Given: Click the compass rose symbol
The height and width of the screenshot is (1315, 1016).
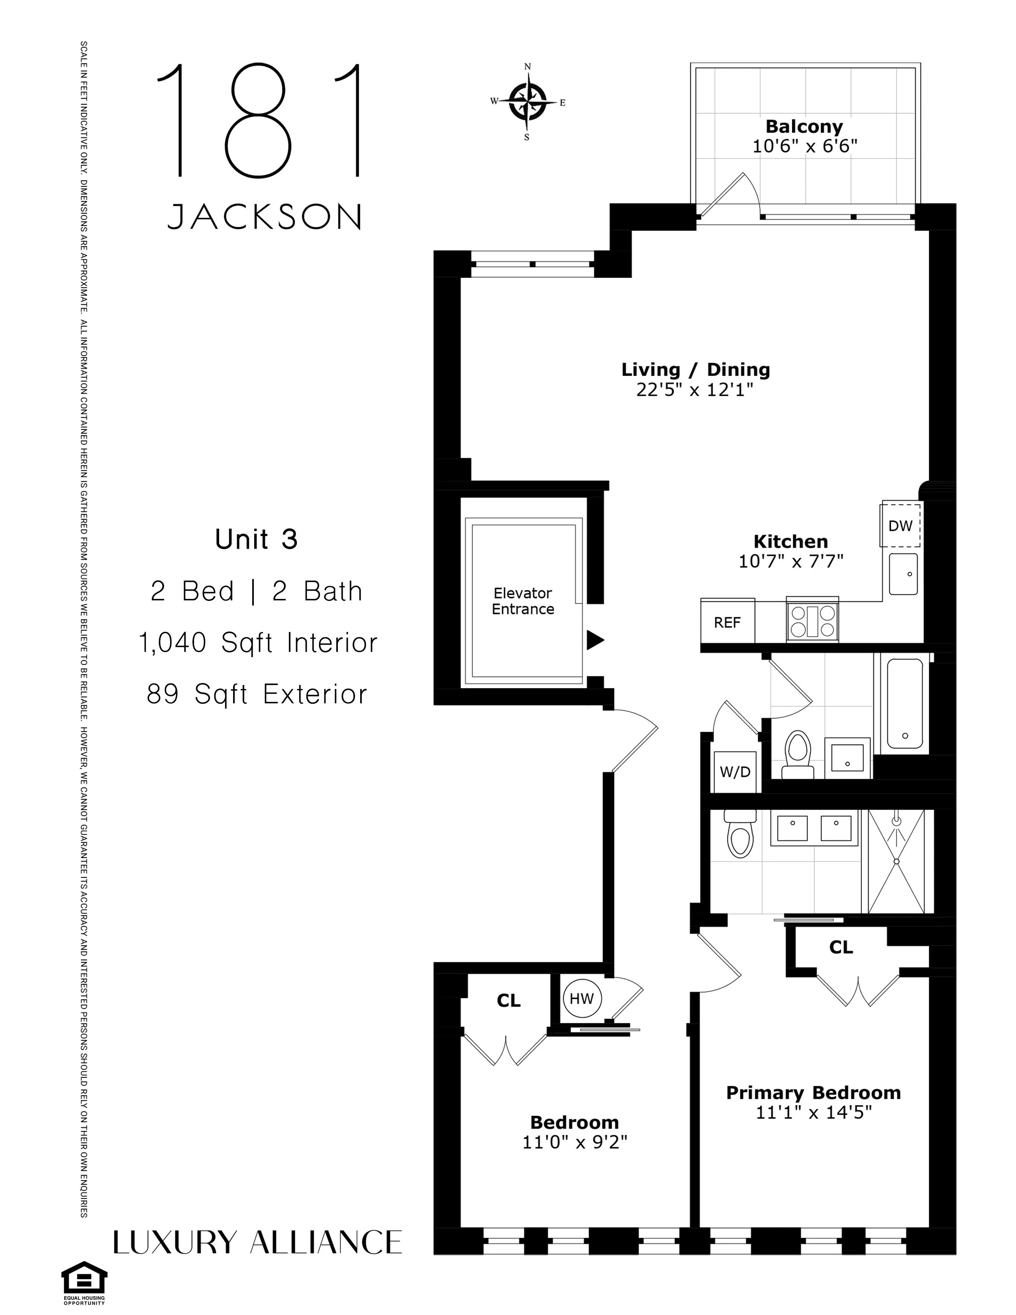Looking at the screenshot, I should coord(527,101).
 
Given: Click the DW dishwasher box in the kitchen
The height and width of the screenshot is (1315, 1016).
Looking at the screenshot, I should coord(900,526).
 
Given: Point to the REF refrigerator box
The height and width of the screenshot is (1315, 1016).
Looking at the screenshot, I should coord(727,622).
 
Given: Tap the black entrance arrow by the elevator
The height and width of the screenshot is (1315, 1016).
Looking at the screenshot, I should coord(595,640).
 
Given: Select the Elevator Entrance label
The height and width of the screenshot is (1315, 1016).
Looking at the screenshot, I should coord(522,601).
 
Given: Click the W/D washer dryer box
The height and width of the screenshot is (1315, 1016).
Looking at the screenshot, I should coord(735,772).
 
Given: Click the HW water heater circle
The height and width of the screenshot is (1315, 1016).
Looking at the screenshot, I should coord(581,998).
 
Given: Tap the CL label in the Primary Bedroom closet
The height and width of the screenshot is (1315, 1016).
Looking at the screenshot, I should coord(841,948).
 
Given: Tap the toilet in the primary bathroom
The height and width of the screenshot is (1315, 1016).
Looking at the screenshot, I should coord(740,834).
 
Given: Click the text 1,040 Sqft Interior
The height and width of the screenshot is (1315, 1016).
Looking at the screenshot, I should coord(258,642).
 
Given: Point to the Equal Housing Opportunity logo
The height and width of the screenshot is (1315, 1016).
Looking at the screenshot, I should coord(84,1284).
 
